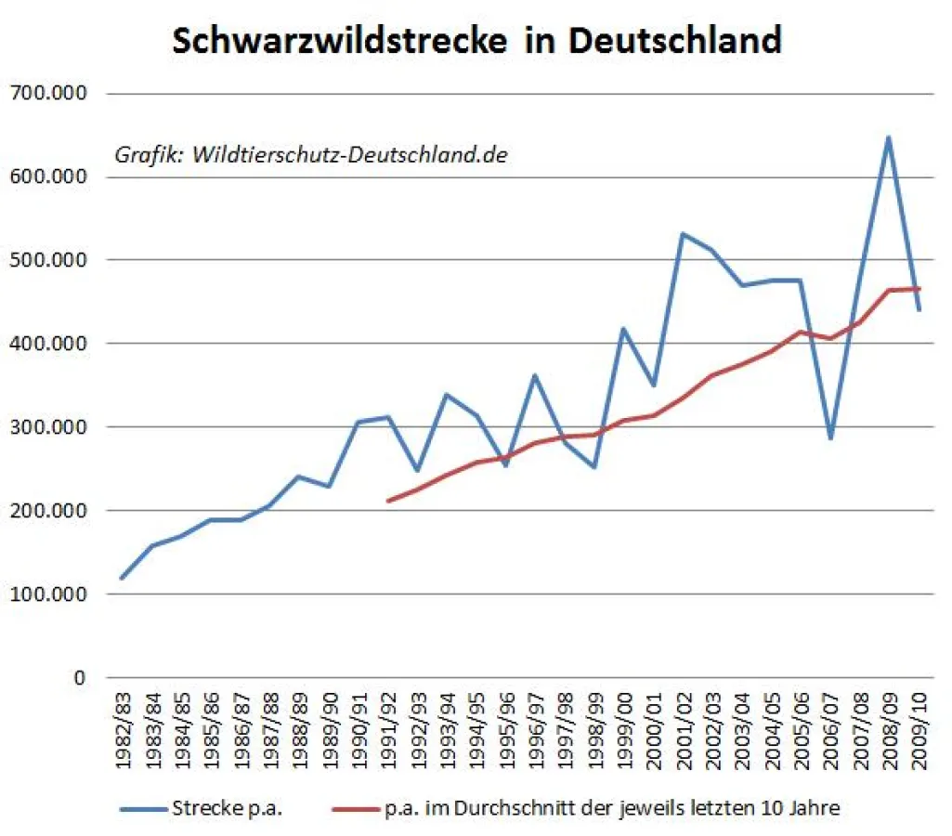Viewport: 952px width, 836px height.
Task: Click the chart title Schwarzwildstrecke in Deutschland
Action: click(476, 40)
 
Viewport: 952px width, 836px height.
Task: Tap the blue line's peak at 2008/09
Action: click(889, 137)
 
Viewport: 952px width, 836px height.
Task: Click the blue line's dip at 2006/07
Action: click(830, 438)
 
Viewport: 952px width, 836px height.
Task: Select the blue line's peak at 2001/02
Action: click(683, 234)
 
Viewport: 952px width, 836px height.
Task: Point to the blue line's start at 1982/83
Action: click(122, 578)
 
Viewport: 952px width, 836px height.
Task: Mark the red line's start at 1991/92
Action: click(387, 502)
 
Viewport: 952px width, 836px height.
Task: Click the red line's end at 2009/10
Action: click(919, 289)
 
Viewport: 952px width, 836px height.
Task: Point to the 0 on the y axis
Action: click(79, 678)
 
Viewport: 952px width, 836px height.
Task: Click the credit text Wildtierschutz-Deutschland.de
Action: click(349, 155)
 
